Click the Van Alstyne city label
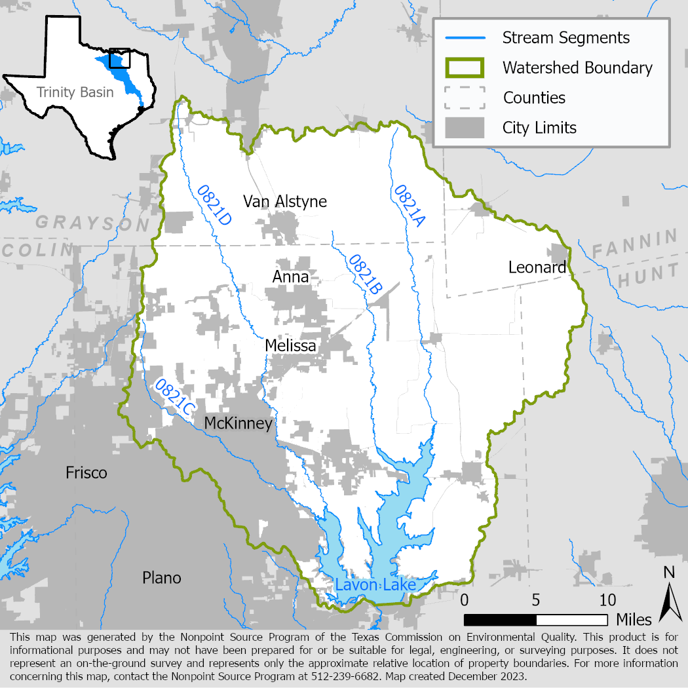coord(284,201)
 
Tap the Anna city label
coord(290,277)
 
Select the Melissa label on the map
coord(290,345)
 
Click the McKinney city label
coord(238,424)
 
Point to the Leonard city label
coord(537,267)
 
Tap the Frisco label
coord(86,472)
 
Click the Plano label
coord(162,578)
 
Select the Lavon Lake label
coord(375,584)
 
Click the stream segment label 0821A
coord(409,206)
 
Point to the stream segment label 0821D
coord(214,206)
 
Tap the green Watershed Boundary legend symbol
coord(465,67)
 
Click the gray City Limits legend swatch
coord(465,127)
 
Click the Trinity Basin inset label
coord(75,92)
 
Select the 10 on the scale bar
coord(607,600)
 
